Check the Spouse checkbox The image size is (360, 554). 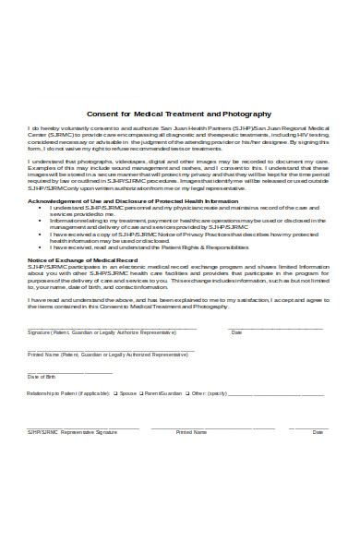point(115,392)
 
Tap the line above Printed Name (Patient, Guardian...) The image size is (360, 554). point(111,350)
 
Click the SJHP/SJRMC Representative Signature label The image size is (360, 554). point(71,431)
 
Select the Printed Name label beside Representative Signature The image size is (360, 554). point(191,431)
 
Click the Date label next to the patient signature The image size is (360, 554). point(236,331)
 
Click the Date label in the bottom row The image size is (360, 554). point(318,431)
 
